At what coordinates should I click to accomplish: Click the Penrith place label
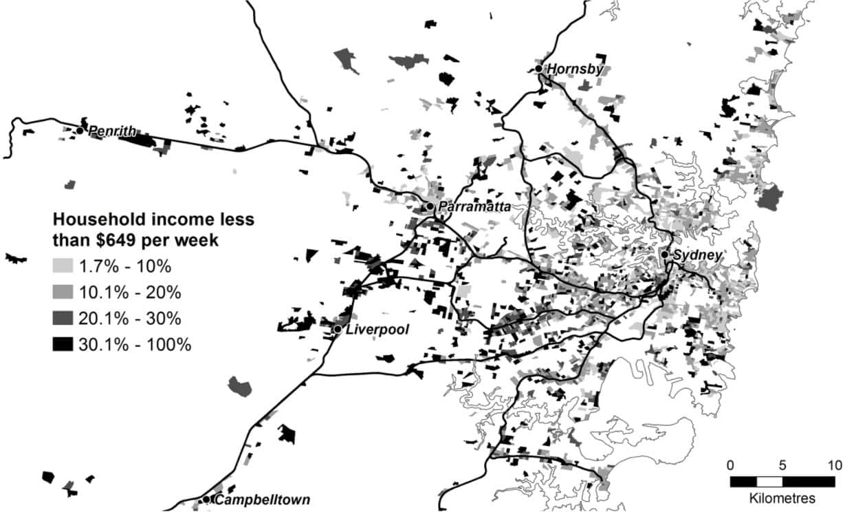coord(112,131)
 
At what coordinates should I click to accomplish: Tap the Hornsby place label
coord(575,69)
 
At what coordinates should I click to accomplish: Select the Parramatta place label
coord(474,206)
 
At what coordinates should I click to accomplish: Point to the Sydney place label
coord(697,255)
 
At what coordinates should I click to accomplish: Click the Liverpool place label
coord(377,330)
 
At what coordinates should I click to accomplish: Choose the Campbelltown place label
coord(262,500)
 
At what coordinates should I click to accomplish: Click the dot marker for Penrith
coord(80,130)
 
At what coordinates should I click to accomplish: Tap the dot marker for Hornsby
coord(539,68)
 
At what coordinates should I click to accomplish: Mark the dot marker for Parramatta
coord(430,206)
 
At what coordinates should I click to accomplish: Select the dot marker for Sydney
coord(665,255)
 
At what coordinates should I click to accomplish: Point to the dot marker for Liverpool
coord(338,330)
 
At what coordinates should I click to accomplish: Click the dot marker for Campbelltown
coord(206,500)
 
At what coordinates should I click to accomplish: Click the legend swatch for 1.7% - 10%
coord(63,266)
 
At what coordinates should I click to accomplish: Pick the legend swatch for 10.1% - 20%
coord(63,292)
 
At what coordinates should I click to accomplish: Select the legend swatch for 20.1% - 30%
coord(63,318)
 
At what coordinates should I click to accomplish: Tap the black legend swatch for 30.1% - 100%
coord(63,344)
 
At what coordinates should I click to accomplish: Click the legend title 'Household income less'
coord(154,220)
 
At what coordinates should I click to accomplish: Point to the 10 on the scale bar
coord(834,465)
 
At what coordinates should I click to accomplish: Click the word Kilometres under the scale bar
coord(782,498)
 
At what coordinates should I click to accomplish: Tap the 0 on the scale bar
coord(730,465)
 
